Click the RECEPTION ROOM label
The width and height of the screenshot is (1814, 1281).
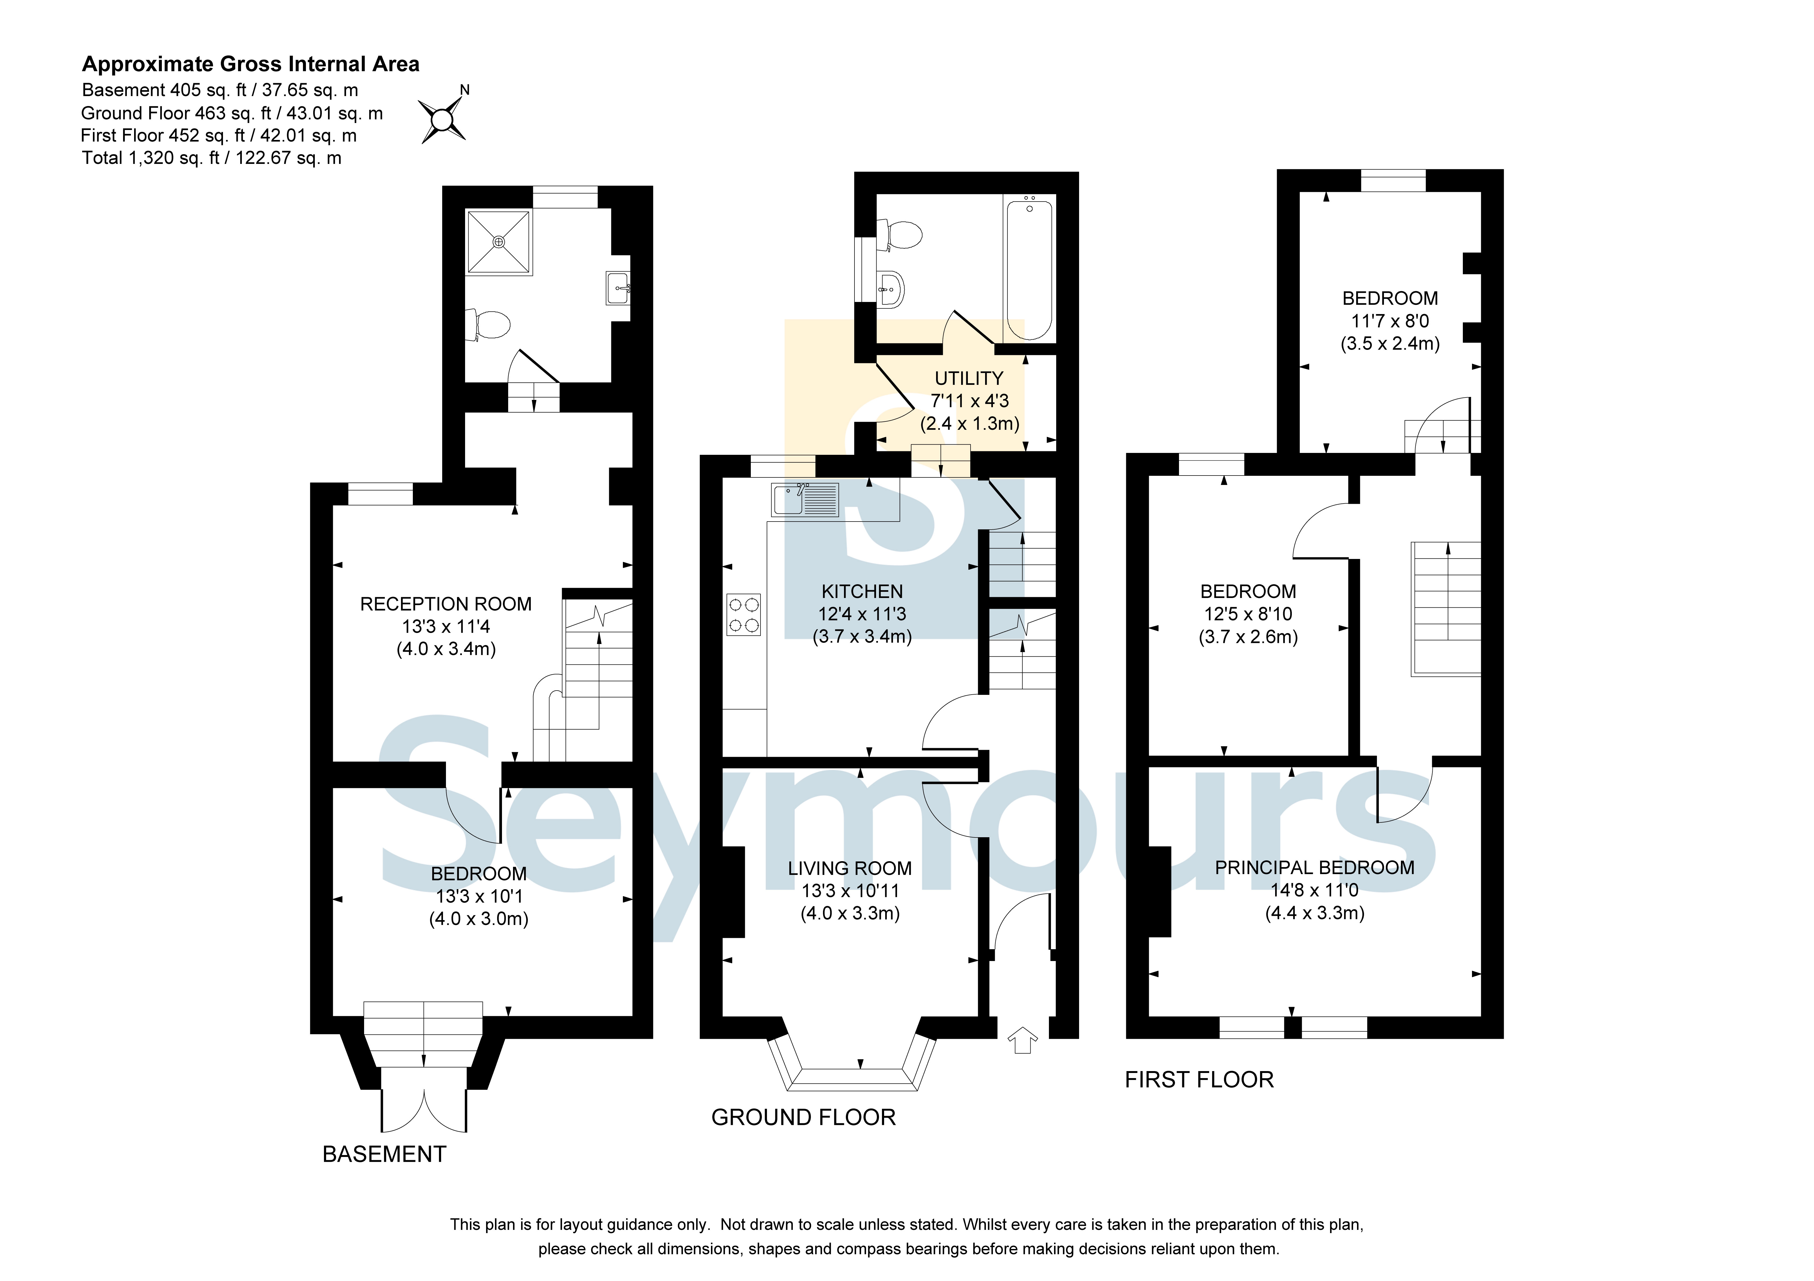click(446, 604)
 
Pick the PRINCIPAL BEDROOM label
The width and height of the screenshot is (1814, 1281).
click(1315, 868)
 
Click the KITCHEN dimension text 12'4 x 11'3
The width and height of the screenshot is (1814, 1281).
click(862, 614)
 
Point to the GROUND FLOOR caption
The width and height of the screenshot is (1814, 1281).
click(804, 1118)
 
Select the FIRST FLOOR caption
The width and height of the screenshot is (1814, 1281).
click(1199, 1080)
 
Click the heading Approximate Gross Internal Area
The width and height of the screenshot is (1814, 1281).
click(250, 64)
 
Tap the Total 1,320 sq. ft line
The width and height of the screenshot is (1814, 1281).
click(212, 158)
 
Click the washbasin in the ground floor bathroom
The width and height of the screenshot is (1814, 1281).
click(891, 289)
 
